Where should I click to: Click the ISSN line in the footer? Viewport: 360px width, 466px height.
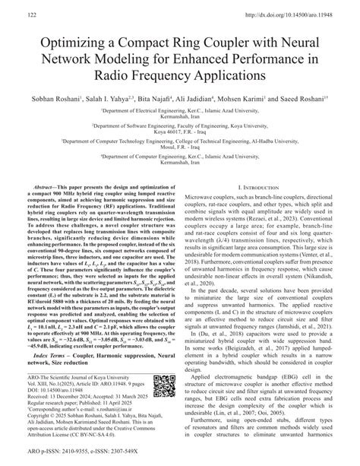coord(76,458)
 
